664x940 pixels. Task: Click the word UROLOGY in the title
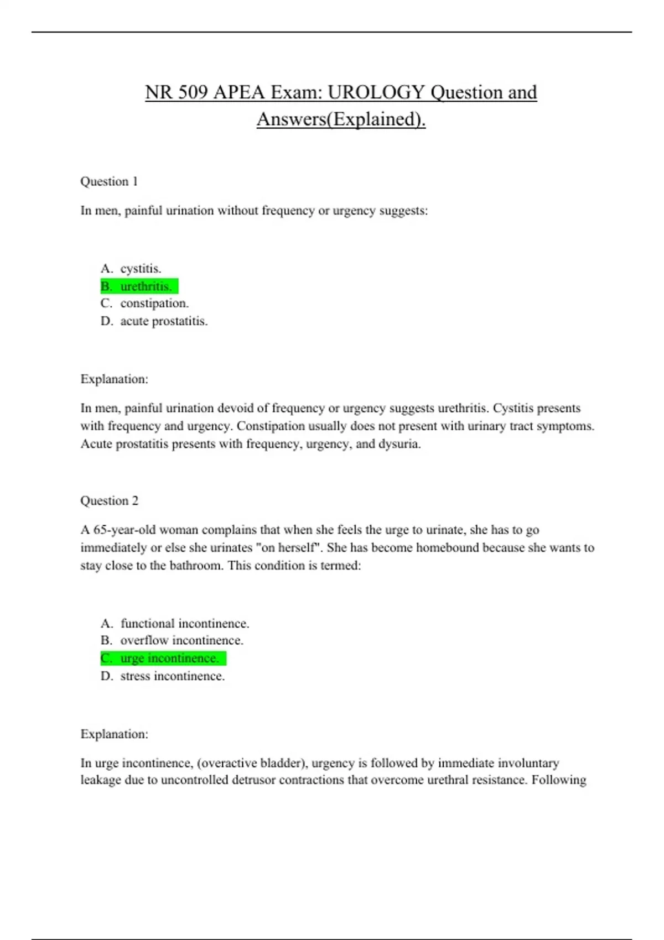(x=376, y=92)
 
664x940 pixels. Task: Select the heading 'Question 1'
(x=109, y=181)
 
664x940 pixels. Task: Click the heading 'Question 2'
(x=109, y=500)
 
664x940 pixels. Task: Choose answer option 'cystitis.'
(x=141, y=269)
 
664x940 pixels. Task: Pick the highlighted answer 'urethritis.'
(x=146, y=286)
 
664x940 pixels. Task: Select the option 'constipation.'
(x=154, y=304)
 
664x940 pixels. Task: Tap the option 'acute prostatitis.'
(x=164, y=321)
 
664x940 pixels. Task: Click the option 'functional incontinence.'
(x=185, y=624)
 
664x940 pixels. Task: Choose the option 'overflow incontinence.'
(x=181, y=640)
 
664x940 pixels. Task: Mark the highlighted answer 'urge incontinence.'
(x=169, y=659)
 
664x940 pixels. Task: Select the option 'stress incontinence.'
(x=173, y=676)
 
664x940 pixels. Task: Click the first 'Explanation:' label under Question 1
(x=114, y=379)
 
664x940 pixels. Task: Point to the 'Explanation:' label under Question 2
(x=114, y=734)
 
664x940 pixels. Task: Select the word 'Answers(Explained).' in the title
(x=341, y=119)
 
